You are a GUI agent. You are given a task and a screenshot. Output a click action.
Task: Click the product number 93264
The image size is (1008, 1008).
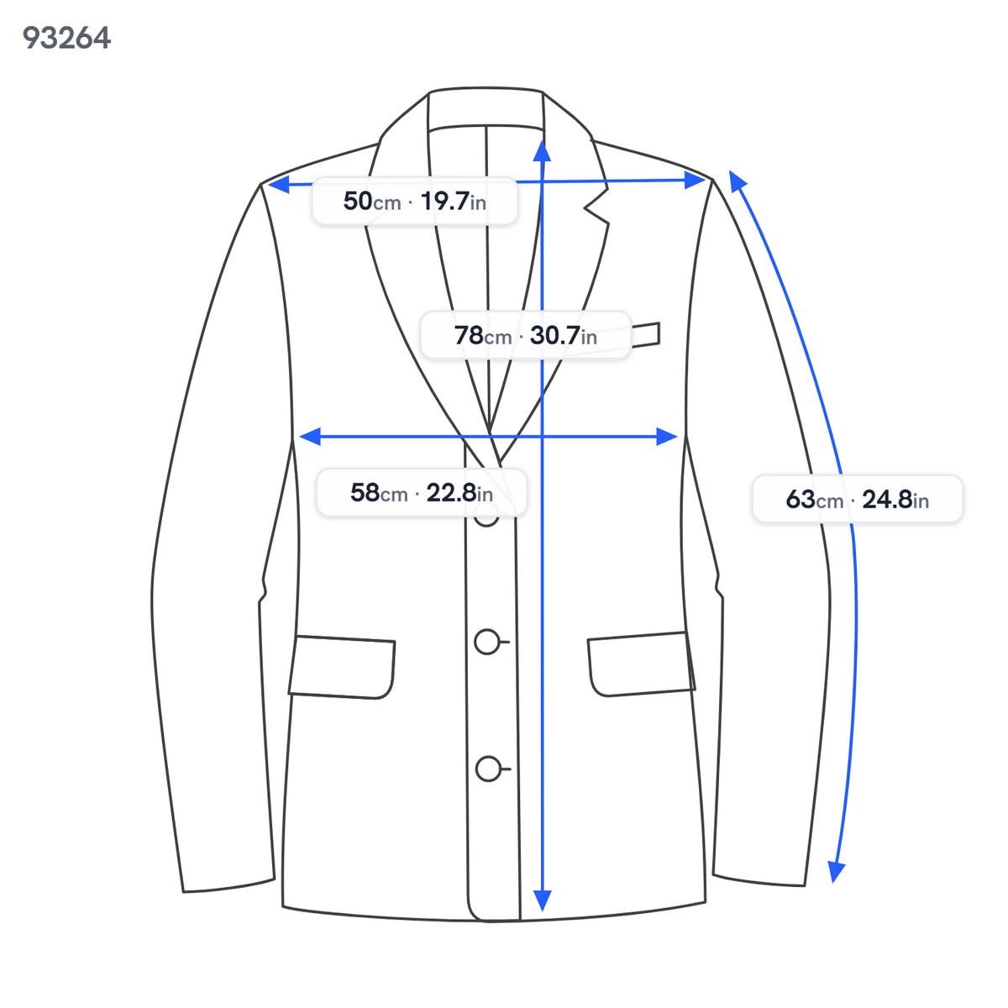click(66, 38)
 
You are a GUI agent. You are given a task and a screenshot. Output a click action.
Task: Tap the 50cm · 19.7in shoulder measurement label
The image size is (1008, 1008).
click(414, 202)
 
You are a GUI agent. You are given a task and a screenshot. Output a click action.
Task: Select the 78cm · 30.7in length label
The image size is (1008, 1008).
click(526, 335)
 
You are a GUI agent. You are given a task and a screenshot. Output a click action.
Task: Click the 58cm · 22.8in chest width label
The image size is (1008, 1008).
click(422, 493)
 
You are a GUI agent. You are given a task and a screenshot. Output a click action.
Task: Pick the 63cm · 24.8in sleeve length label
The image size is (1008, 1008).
click(858, 499)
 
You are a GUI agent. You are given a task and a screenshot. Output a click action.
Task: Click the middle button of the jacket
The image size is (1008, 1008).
click(487, 642)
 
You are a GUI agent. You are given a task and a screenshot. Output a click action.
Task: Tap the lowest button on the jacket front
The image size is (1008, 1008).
click(488, 769)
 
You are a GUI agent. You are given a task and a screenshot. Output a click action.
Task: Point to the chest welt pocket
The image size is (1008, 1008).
click(645, 335)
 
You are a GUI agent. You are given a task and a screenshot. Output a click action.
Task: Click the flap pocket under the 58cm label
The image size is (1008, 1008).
click(342, 667)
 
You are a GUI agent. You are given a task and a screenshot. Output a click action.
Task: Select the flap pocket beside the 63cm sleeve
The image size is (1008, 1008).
click(641, 664)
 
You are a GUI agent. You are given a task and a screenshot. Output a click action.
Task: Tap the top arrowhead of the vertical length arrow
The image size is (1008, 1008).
click(543, 150)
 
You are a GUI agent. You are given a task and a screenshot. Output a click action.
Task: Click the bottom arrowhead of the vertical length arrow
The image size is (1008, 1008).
click(543, 900)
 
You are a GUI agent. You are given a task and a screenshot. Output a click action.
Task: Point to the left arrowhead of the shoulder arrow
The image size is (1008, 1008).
click(278, 184)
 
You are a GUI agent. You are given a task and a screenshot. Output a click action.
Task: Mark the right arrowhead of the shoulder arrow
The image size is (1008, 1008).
click(696, 181)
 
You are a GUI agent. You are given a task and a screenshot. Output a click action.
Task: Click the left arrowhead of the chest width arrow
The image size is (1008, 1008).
click(310, 436)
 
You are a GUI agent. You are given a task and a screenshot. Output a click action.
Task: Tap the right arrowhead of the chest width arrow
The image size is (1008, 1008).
click(667, 436)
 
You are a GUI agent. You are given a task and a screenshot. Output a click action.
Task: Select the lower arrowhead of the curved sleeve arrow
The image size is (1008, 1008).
click(836, 871)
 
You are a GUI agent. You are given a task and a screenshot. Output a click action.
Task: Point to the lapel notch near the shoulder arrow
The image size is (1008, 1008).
click(596, 206)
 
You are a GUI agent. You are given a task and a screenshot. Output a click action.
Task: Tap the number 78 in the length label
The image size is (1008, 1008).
click(469, 335)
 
